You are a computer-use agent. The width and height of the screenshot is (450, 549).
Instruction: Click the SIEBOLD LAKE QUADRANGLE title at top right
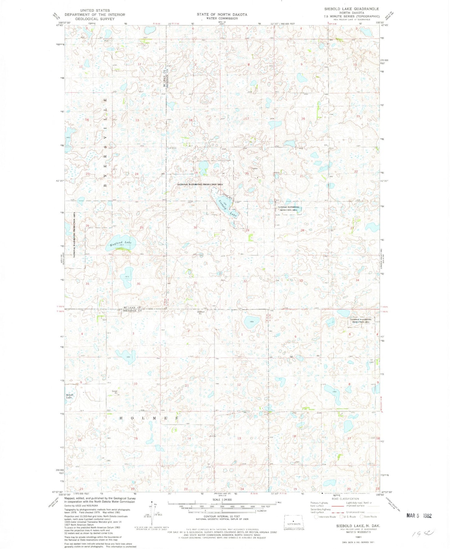[x=352, y=9]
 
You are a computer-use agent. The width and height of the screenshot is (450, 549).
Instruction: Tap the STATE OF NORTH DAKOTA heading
[x=222, y=15]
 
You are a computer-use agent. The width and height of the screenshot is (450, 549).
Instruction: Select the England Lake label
[x=121, y=243]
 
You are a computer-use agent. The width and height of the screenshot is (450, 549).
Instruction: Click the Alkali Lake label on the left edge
[x=69, y=396]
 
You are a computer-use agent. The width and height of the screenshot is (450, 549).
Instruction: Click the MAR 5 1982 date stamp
[x=419, y=516]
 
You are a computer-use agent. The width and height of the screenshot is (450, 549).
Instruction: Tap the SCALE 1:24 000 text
[x=222, y=499]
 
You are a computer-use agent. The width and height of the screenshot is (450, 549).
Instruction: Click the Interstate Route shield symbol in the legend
[x=317, y=517]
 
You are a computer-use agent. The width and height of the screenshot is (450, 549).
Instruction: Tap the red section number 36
[x=138, y=284]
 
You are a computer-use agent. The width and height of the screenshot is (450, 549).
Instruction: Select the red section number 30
[x=195, y=227]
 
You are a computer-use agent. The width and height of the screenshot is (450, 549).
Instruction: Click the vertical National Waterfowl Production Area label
[x=75, y=235]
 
